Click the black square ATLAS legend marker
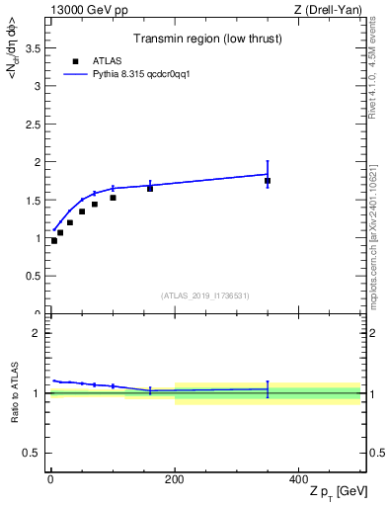75,61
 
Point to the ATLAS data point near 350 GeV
268,181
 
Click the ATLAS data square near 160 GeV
150,188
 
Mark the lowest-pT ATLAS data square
54,240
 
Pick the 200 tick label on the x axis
175,478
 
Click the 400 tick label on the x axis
298,478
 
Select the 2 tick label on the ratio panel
36,333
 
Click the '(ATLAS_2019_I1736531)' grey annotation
204,295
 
